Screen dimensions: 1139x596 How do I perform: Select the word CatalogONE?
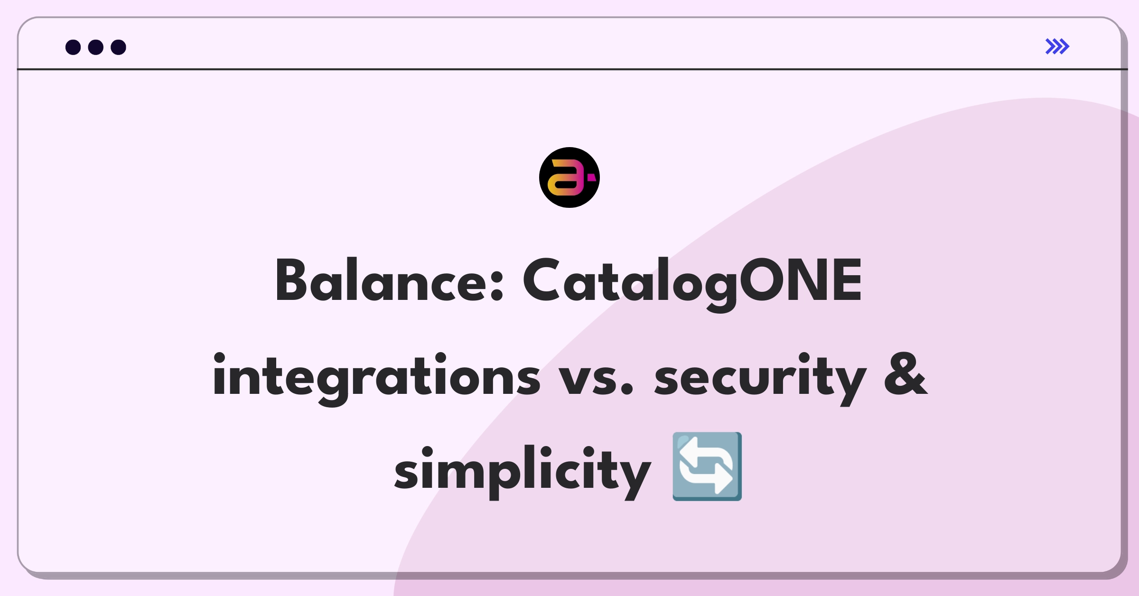(x=692, y=284)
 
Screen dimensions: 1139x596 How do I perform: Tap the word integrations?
(x=376, y=379)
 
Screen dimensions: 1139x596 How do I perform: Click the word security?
(x=760, y=379)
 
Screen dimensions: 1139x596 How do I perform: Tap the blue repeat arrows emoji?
(x=707, y=466)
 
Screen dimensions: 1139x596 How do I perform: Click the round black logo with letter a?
(x=569, y=177)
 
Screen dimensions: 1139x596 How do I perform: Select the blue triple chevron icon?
(x=1057, y=47)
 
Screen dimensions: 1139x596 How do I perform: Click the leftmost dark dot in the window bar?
(x=73, y=47)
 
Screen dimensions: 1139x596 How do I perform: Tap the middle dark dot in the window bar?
(x=96, y=47)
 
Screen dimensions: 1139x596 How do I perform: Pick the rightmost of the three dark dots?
(x=118, y=47)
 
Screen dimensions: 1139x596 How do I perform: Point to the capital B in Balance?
(x=291, y=280)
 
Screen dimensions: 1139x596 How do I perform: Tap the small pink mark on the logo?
(x=591, y=177)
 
